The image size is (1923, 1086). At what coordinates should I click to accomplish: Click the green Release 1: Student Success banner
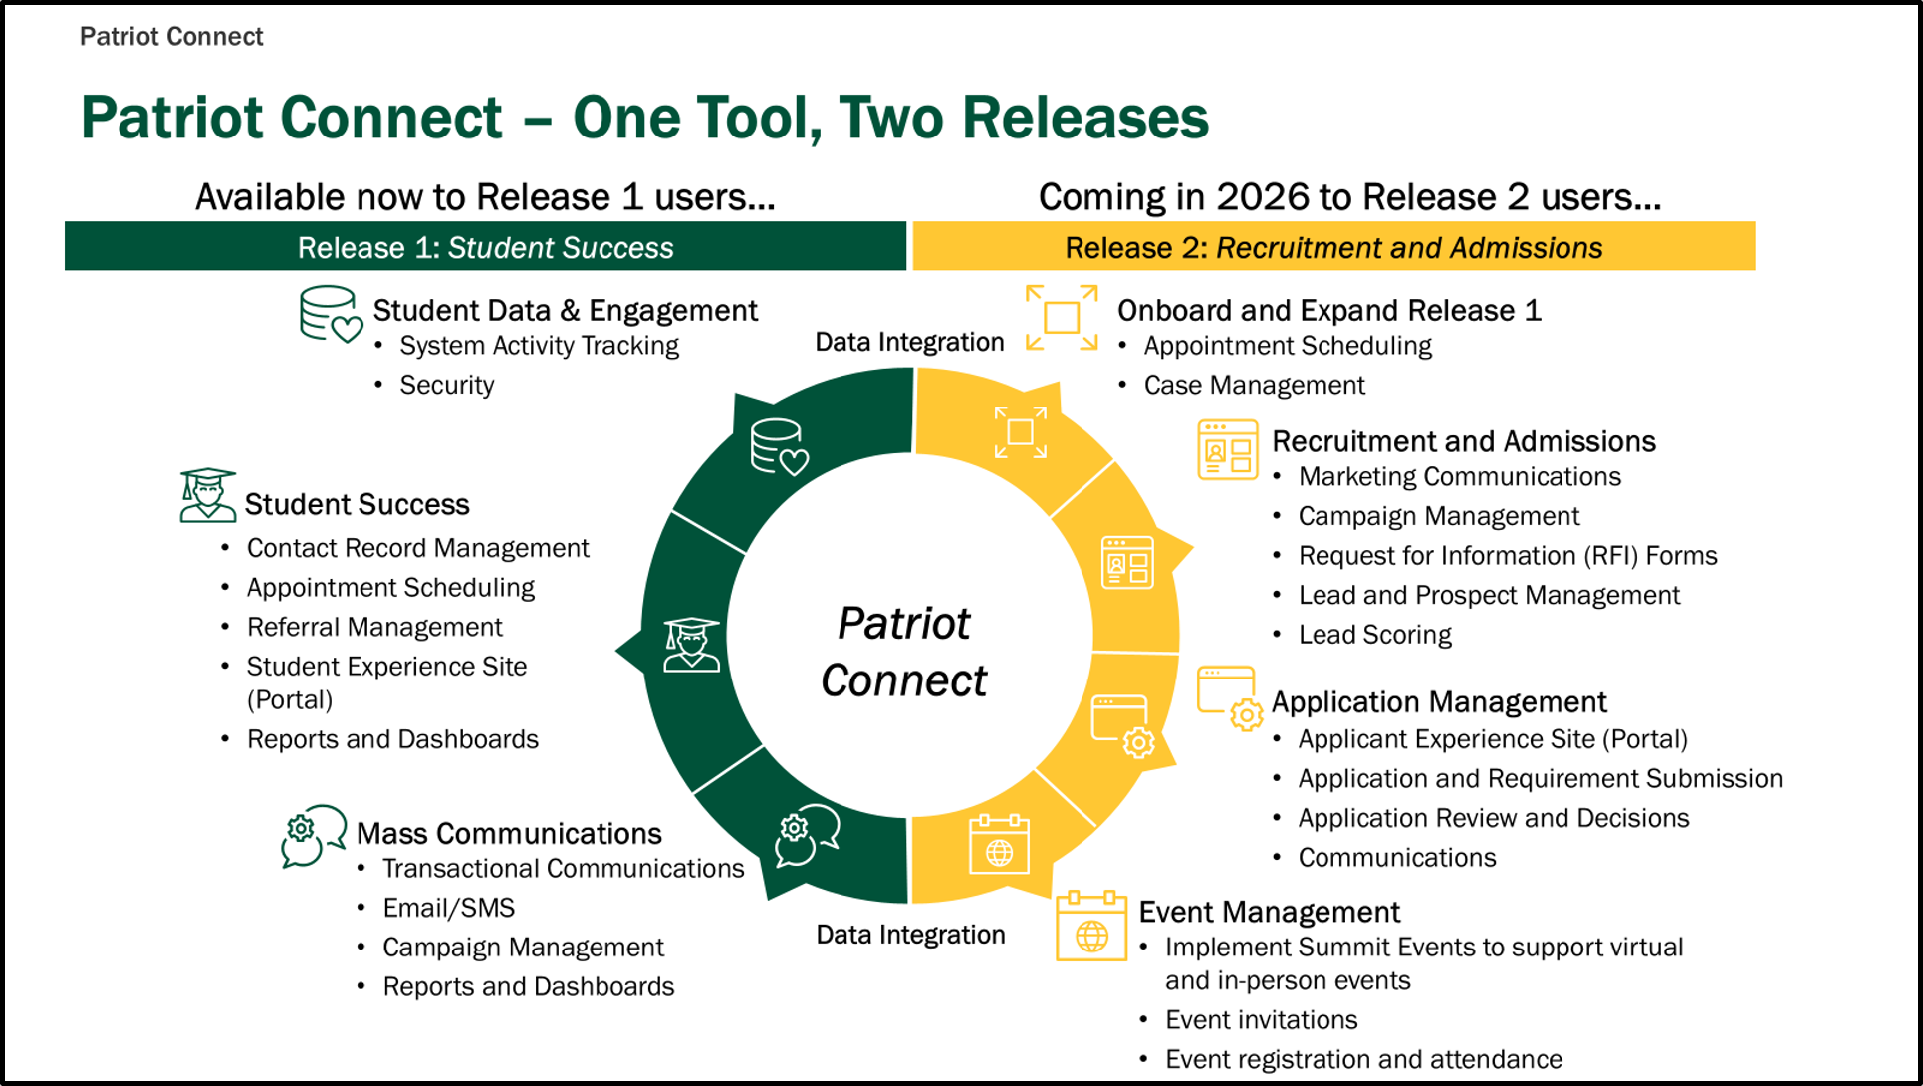click(x=485, y=246)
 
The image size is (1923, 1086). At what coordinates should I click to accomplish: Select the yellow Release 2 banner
click(x=1333, y=246)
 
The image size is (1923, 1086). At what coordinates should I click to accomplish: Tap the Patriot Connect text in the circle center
click(x=903, y=653)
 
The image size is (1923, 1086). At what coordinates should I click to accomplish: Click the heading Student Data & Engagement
click(x=565, y=311)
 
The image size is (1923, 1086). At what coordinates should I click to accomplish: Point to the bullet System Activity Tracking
click(x=539, y=346)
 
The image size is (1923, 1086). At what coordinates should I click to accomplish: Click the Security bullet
click(x=446, y=385)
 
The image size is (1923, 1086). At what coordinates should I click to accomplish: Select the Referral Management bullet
click(x=374, y=627)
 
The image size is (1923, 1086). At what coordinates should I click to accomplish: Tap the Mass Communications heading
click(x=509, y=833)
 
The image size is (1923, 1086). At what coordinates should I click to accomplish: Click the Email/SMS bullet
click(x=449, y=908)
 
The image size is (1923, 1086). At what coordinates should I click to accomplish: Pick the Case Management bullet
click(x=1254, y=385)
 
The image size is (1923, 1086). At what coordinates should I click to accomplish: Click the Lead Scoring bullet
click(x=1374, y=635)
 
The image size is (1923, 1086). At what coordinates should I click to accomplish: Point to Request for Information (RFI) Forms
click(x=1508, y=556)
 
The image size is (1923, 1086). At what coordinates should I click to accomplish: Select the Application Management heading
click(x=1439, y=702)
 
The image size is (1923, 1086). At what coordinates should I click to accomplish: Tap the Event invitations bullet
click(x=1261, y=1020)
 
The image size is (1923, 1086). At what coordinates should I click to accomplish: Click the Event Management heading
click(x=1269, y=912)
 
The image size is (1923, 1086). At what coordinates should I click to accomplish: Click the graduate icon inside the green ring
click(x=691, y=645)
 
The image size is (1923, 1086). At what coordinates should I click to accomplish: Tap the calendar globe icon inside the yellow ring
click(x=999, y=844)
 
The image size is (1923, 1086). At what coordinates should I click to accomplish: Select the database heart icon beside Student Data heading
click(x=331, y=315)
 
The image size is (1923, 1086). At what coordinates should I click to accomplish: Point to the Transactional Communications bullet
click(x=563, y=869)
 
